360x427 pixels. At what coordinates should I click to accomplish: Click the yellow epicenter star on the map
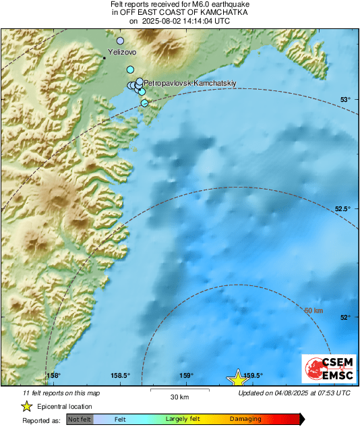237,377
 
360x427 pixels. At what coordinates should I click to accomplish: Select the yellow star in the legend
26,406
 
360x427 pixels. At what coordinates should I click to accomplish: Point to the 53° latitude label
344,100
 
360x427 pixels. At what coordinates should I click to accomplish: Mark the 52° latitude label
344,317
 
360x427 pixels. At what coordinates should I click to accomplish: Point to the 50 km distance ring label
314,310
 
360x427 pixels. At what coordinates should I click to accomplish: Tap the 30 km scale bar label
179,396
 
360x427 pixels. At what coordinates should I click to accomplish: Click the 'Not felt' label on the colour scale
80,419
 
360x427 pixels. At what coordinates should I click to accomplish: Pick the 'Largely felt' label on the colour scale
181,419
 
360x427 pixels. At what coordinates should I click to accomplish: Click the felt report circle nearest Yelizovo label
121,41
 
